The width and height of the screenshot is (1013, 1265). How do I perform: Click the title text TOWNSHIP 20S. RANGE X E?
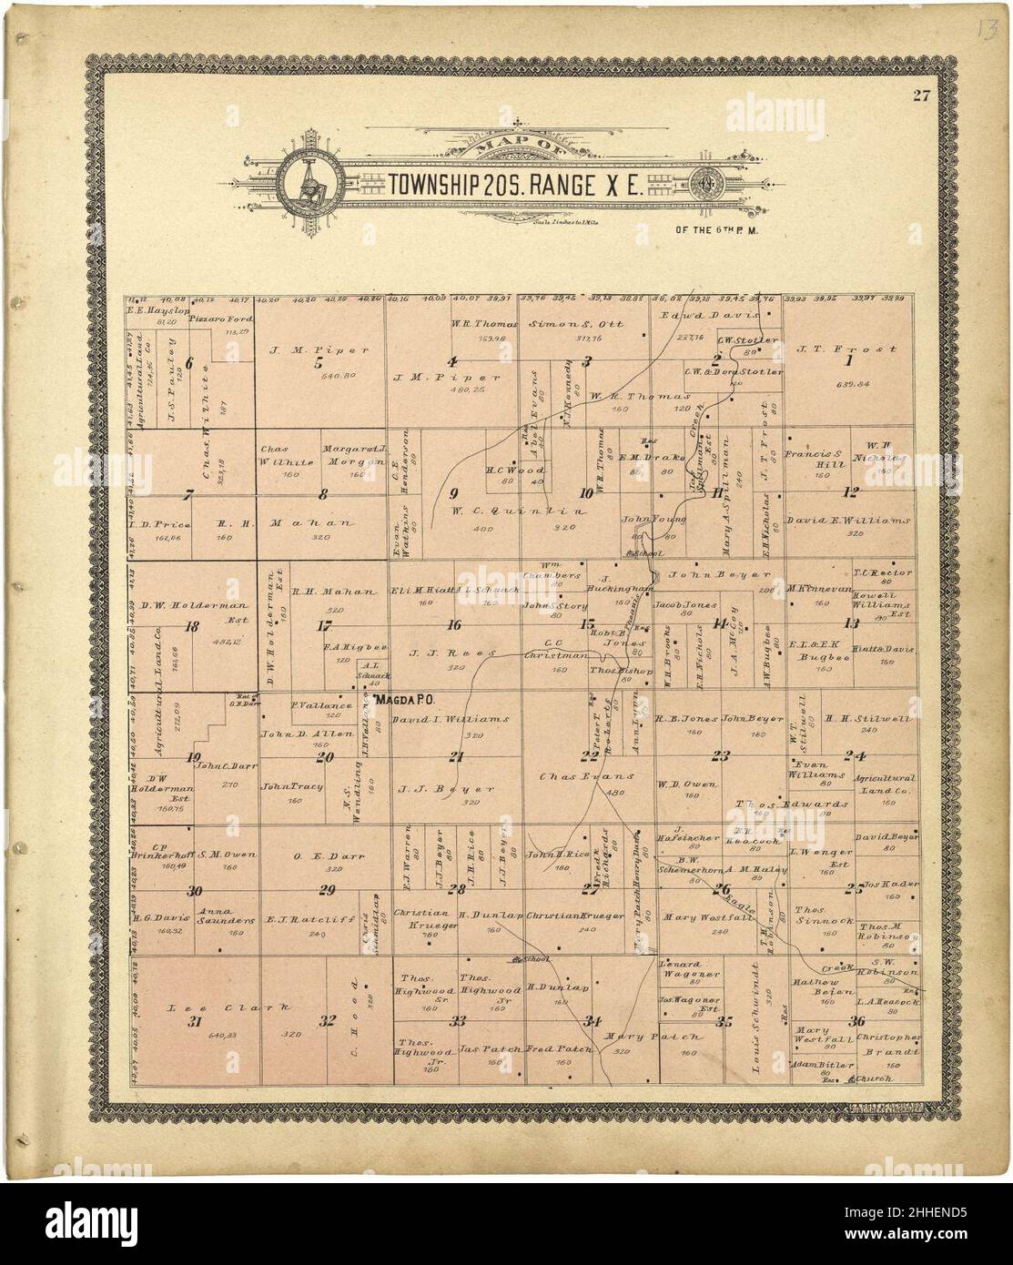click(x=516, y=185)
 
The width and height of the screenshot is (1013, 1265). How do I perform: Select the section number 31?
click(x=193, y=1022)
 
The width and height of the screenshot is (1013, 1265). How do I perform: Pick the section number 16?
click(x=453, y=624)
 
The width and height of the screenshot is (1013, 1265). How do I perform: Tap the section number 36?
click(x=856, y=1020)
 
